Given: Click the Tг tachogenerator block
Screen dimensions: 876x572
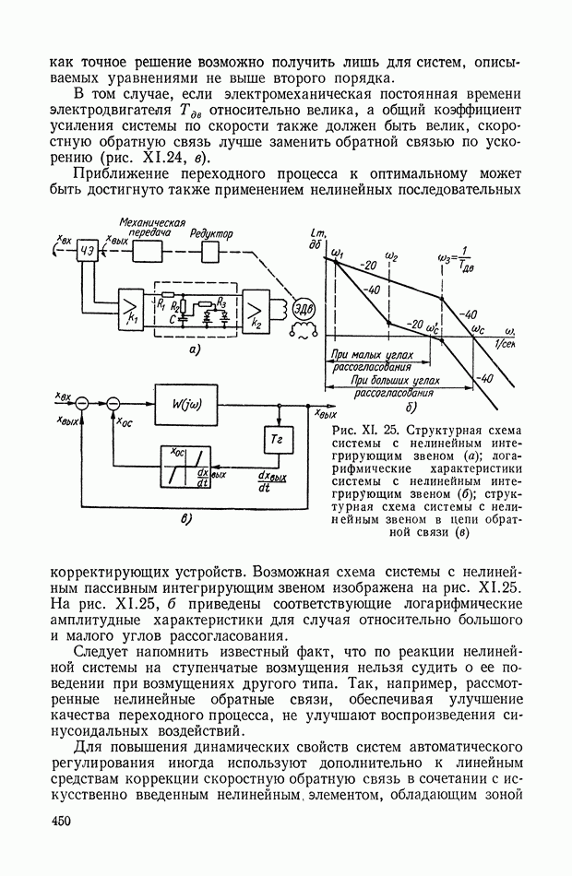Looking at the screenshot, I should click(x=277, y=440).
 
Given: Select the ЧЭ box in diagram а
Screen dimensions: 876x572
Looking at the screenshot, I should click(x=89, y=255).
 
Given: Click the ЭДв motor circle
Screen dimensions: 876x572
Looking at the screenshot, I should click(x=302, y=310).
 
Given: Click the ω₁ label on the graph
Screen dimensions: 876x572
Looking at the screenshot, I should click(x=336, y=252).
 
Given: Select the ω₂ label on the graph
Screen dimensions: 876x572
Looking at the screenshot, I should click(x=393, y=253).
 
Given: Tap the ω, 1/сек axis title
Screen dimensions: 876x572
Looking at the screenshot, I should click(x=506, y=337).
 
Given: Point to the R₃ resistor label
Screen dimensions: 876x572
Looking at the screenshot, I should click(x=221, y=302).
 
